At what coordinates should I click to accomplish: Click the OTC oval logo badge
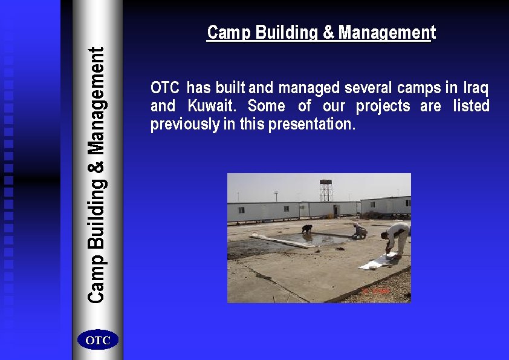[x=98, y=341]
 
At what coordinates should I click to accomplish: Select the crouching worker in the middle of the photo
[x=360, y=231]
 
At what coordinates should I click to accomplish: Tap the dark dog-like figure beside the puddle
[x=308, y=229]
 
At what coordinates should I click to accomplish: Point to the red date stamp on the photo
[x=376, y=292]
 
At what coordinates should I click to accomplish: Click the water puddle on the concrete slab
[x=320, y=238]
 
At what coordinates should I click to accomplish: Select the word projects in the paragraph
[x=383, y=106]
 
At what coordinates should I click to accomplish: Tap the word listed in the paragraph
[x=471, y=106]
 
